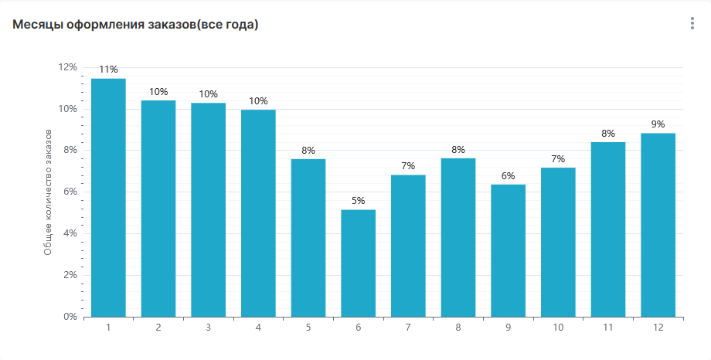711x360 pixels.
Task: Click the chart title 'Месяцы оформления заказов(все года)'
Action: tap(135, 25)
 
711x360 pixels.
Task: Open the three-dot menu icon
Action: tap(692, 24)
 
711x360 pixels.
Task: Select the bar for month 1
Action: tap(108, 197)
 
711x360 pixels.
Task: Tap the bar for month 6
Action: tap(358, 263)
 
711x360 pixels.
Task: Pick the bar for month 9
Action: tap(508, 250)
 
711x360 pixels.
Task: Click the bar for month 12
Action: tap(658, 225)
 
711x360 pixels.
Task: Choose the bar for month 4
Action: tap(258, 212)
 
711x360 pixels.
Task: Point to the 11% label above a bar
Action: tap(108, 70)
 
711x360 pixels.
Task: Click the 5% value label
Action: tap(358, 201)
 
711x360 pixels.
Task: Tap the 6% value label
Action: tap(508, 175)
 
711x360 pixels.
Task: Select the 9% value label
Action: tap(658, 124)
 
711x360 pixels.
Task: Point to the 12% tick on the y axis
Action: tap(68, 67)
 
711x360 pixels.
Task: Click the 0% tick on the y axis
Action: tap(70, 317)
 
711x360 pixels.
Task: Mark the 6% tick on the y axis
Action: tap(70, 192)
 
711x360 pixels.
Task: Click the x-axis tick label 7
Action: tap(408, 328)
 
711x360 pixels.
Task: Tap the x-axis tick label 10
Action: tap(558, 328)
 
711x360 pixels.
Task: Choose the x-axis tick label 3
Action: tap(208, 328)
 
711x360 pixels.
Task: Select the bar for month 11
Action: tap(608, 229)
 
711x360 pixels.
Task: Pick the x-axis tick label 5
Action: tap(308, 328)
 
